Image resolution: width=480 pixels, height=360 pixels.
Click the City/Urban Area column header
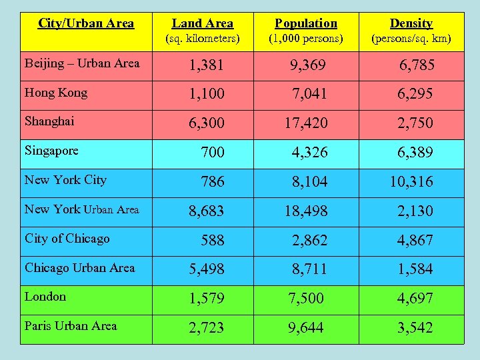[86, 23]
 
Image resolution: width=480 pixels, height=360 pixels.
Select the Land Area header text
[202, 24]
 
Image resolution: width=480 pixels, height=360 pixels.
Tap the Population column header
[306, 24]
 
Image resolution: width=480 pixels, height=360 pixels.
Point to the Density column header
[411, 24]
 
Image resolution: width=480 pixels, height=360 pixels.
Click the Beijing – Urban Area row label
[82, 63]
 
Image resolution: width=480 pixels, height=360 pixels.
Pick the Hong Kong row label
[56, 93]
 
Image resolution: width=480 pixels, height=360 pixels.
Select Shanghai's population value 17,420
[306, 123]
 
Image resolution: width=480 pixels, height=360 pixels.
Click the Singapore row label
[51, 151]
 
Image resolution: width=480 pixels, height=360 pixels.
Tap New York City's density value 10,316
[411, 182]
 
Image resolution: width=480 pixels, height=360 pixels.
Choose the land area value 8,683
[207, 211]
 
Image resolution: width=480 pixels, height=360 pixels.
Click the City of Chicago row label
[67, 239]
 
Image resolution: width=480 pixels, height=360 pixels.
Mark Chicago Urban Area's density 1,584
[415, 269]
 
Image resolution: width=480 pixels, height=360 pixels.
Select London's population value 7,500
[306, 299]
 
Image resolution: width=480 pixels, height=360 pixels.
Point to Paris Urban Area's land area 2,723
[206, 328]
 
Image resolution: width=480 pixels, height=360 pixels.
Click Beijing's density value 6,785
[417, 65]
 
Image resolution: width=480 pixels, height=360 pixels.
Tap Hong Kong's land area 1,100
[206, 94]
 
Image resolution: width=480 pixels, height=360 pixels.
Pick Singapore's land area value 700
[213, 153]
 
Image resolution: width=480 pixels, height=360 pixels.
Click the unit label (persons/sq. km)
[411, 39]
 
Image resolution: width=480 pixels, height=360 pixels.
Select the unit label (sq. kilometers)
[202, 39]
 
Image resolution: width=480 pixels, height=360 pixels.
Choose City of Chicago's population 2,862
[309, 241]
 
